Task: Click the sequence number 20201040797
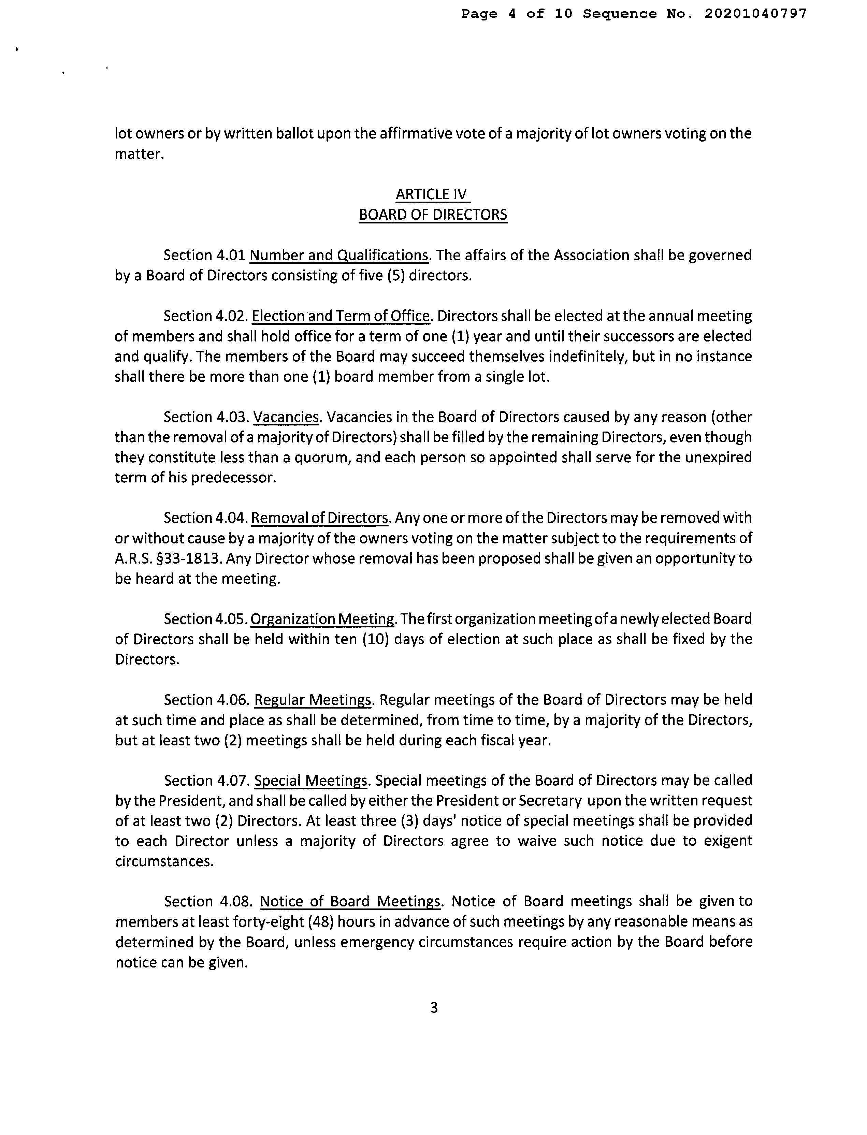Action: point(755,14)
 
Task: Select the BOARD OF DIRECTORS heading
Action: point(433,215)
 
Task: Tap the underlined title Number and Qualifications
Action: point(339,256)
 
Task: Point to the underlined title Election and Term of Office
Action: point(341,316)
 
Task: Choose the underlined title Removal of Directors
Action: point(319,518)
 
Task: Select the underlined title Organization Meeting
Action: point(322,619)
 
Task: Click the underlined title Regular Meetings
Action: point(313,700)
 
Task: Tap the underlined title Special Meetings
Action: point(311,781)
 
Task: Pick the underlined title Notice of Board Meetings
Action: point(350,902)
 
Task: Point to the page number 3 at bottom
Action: point(433,1007)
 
